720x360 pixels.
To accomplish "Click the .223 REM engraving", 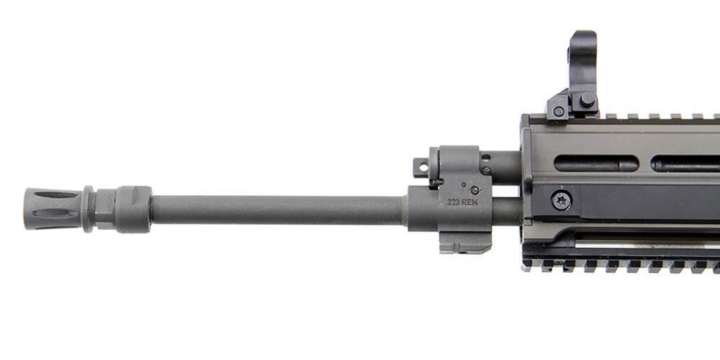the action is (x=459, y=202).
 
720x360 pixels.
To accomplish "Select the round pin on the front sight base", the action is (x=588, y=99).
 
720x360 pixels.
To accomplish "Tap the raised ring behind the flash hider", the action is (x=88, y=209).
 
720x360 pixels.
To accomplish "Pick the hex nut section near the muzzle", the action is (x=105, y=210).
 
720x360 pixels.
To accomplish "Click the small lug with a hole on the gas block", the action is (x=421, y=168).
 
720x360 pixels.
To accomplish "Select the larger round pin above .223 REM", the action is (x=476, y=190).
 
